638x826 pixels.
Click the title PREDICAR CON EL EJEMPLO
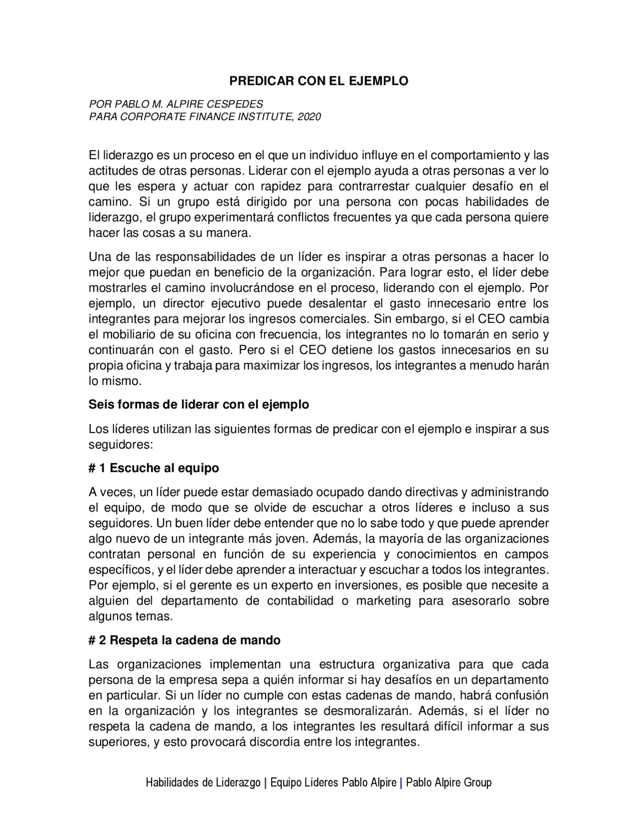click(x=319, y=81)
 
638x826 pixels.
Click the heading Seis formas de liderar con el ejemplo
click(x=198, y=404)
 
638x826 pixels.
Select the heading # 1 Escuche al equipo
click(x=154, y=468)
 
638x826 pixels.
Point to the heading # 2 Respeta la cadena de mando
click(x=184, y=640)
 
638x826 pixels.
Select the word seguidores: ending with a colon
click(x=120, y=444)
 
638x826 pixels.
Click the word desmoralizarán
click(x=382, y=711)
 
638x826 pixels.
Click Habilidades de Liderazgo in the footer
click(x=203, y=783)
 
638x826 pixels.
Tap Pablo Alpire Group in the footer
click(x=449, y=783)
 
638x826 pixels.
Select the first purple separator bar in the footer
click(x=265, y=783)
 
